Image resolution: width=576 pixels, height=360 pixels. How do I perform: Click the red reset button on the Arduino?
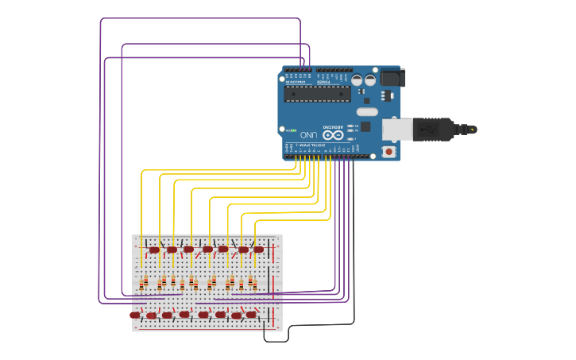pos(389,151)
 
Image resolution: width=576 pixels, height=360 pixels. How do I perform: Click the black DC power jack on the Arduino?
pos(392,77)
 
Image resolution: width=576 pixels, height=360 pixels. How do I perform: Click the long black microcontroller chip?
pos(318,94)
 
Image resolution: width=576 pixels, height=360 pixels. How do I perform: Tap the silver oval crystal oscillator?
pos(366,112)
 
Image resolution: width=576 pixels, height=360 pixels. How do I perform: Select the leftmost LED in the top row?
pos(154,250)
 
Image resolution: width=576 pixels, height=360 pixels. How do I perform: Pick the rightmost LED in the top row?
pos(258,250)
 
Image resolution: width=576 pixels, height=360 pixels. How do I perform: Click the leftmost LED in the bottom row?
pos(135,315)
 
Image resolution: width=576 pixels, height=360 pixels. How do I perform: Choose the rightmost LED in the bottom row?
pos(252,315)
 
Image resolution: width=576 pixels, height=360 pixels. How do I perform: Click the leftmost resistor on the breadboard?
pos(145,281)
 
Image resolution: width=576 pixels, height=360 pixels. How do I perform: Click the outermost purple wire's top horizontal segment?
pos(199,18)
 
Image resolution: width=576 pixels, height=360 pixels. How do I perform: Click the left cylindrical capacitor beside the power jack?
pos(358,80)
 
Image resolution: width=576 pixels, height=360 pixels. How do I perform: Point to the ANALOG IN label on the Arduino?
pos(296,82)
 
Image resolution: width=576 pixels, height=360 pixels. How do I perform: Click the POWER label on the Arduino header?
pos(324,82)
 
